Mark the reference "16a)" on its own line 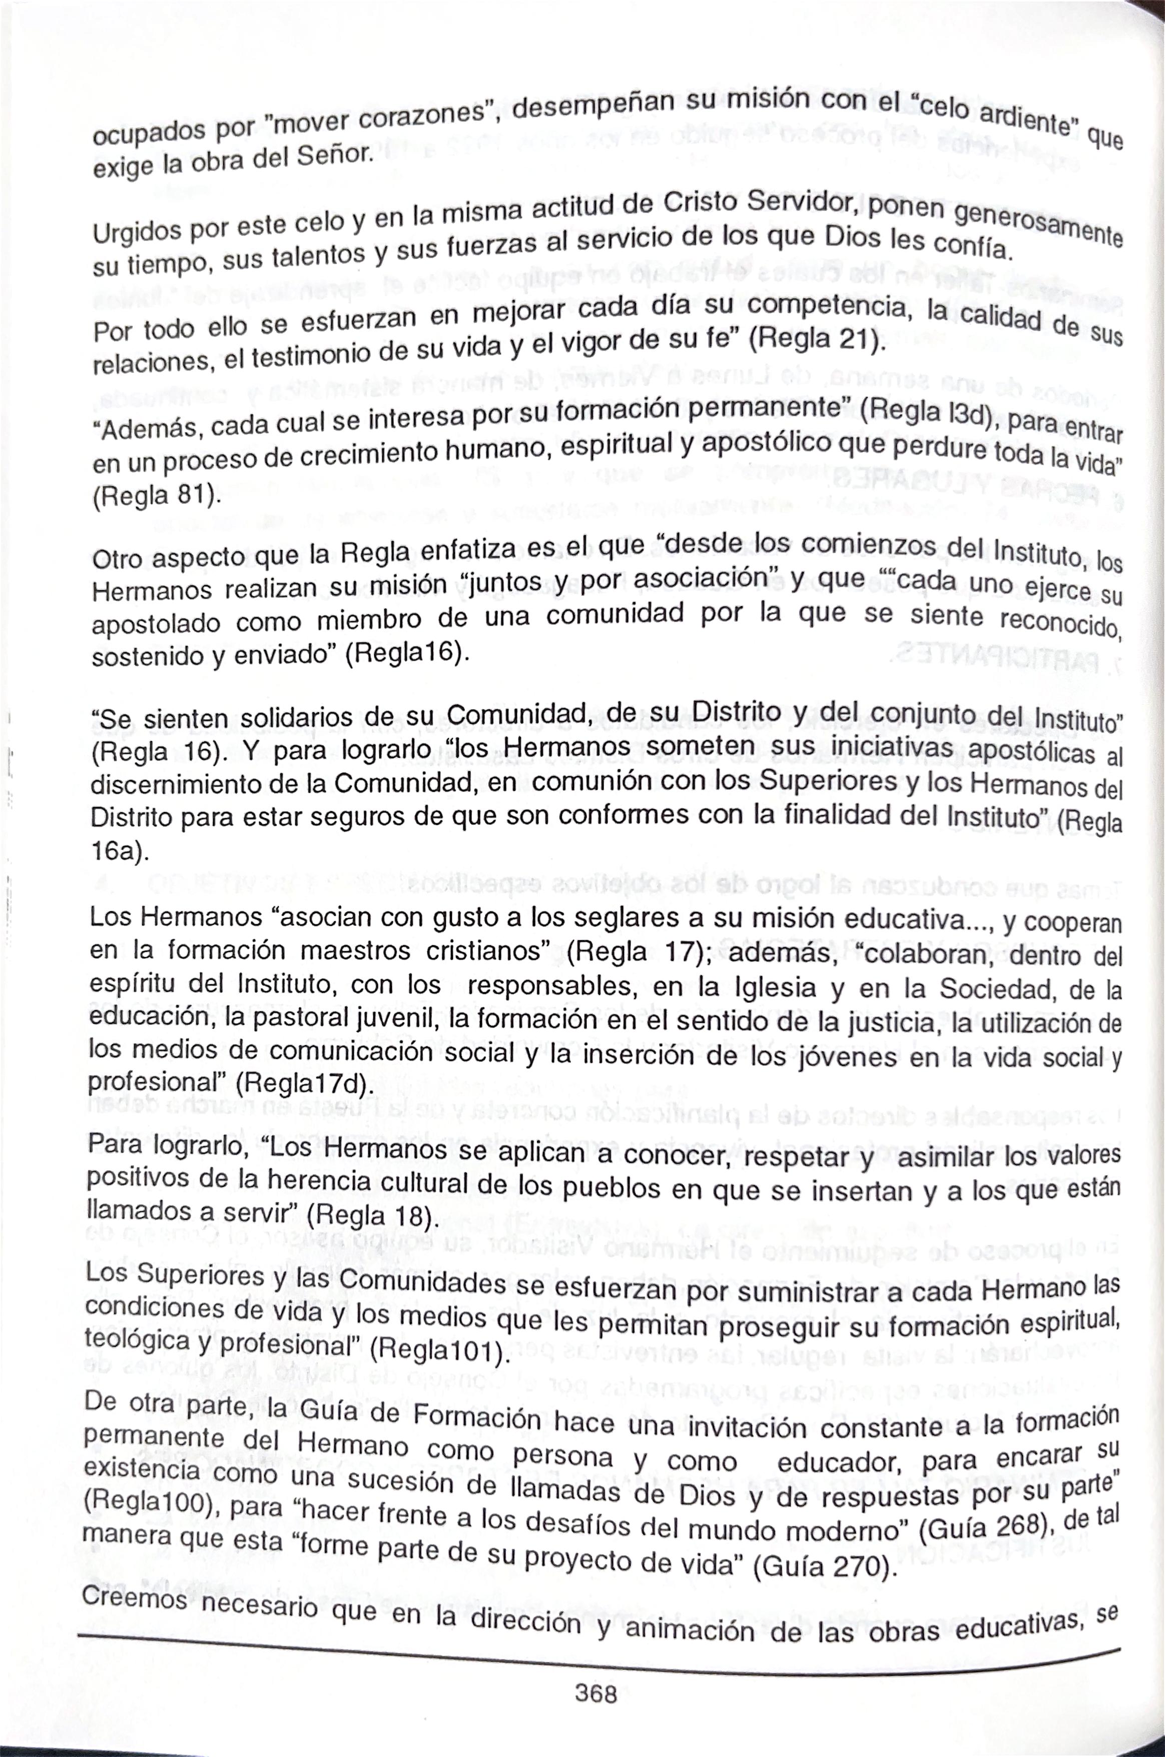click(x=119, y=851)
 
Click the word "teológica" click(x=138, y=1340)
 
